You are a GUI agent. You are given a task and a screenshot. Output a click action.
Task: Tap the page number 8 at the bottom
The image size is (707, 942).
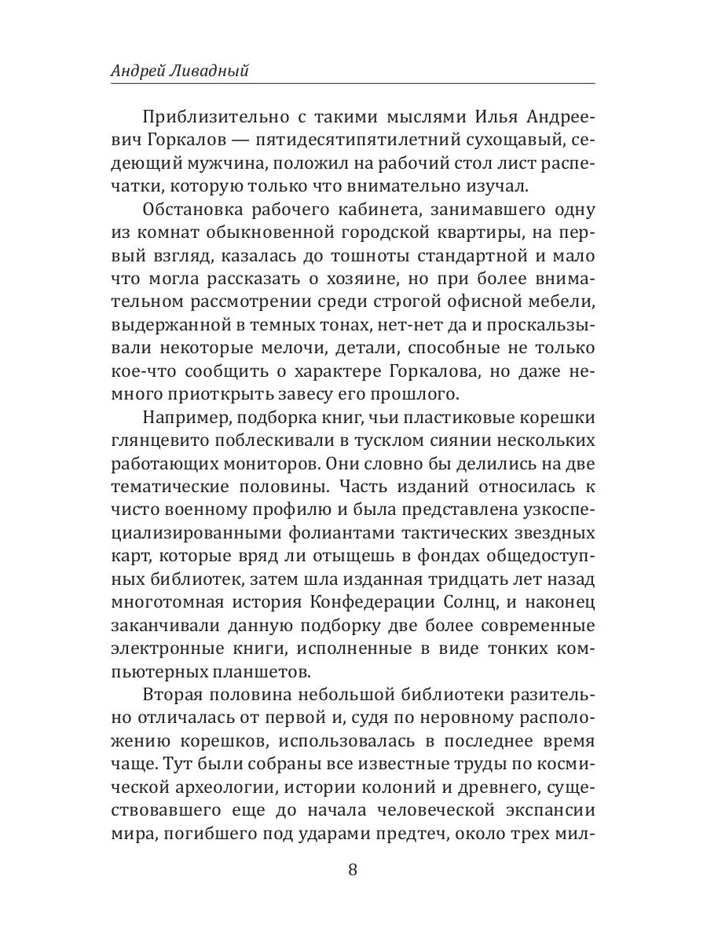pos(353,870)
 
